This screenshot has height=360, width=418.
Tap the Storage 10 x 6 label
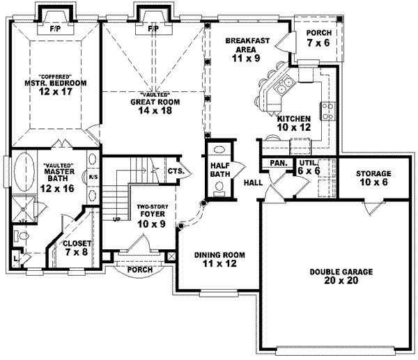pyautogui.click(x=373, y=177)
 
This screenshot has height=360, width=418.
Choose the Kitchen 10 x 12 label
pyautogui.click(x=293, y=123)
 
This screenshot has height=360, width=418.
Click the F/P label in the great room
pyautogui.click(x=153, y=30)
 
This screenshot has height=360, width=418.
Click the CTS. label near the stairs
pyautogui.click(x=175, y=170)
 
